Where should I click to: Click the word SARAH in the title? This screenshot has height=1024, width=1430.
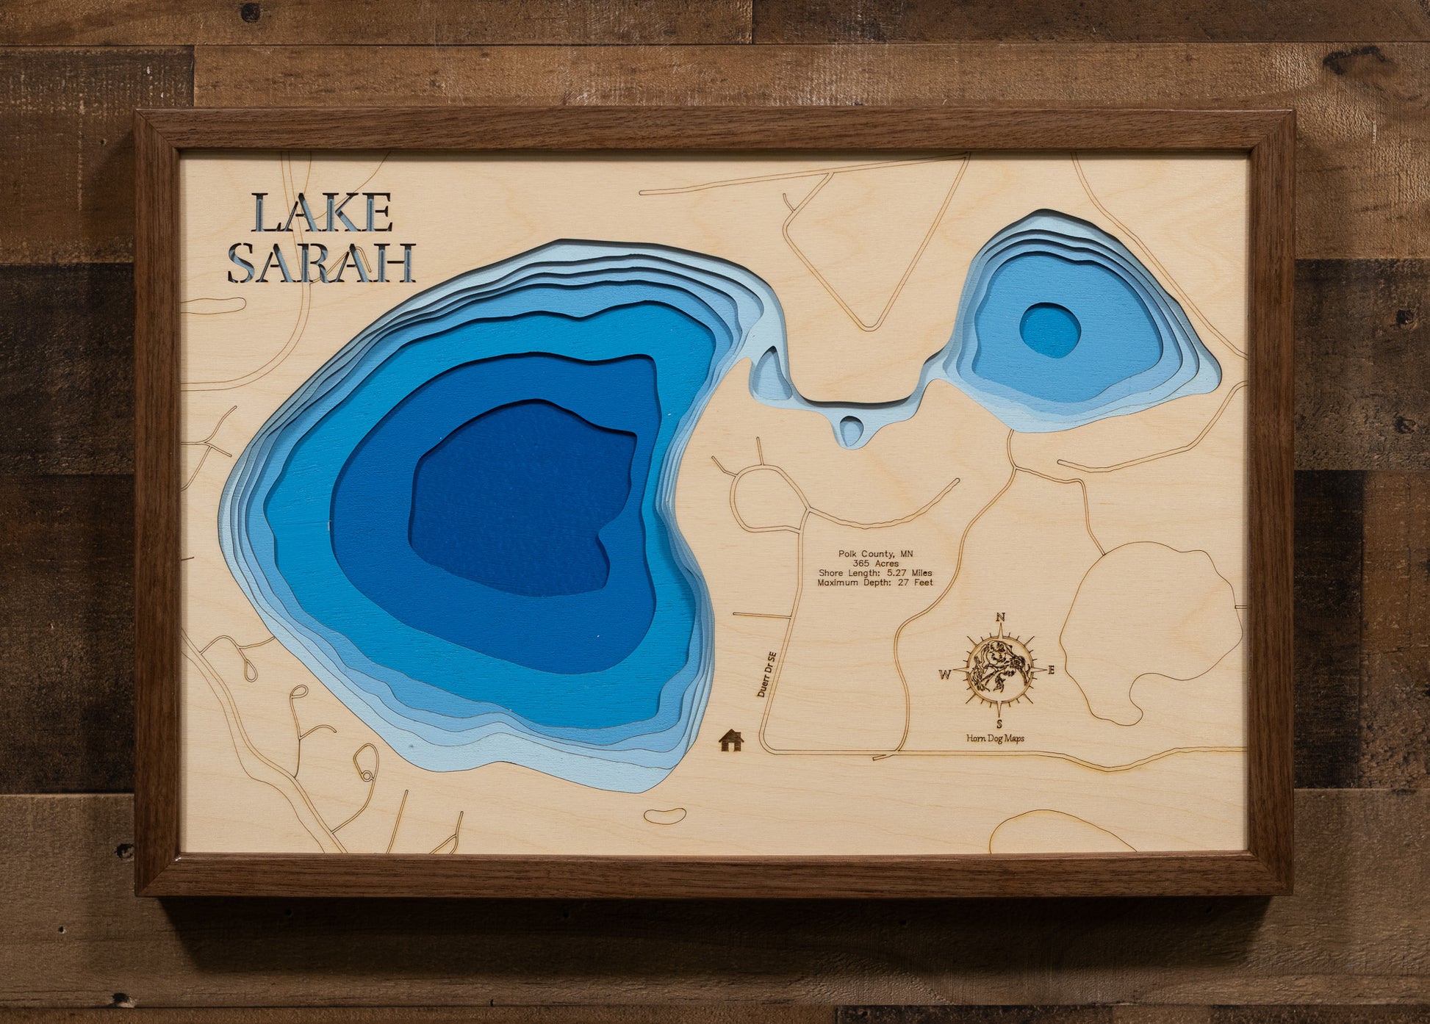321,264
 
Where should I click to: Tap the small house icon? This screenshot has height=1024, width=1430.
731,740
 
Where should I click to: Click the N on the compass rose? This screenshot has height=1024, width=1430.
1000,618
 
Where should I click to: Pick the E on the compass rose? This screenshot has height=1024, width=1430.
1051,670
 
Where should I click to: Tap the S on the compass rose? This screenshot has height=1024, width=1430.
999,724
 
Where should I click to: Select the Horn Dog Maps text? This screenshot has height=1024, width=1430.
995,738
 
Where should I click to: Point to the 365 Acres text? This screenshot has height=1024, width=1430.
875,563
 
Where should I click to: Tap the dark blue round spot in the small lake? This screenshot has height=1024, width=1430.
1049,331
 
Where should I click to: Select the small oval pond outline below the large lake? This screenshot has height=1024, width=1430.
665,815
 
